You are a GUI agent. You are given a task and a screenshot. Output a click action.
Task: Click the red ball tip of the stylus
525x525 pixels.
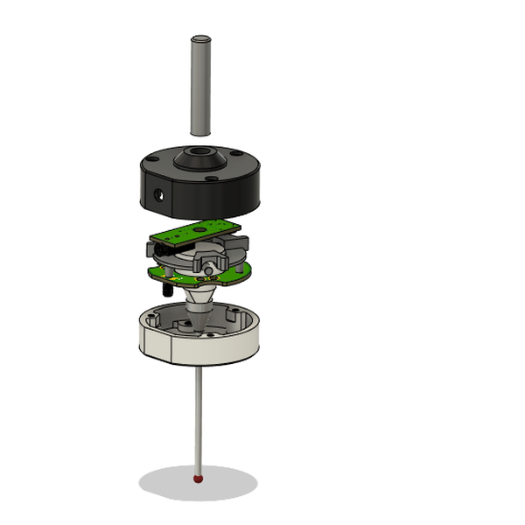199,479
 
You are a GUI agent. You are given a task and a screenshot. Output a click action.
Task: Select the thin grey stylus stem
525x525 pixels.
199,420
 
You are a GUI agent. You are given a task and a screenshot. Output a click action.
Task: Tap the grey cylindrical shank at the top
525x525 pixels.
200,87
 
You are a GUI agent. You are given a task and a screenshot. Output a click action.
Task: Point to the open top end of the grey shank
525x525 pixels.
200,39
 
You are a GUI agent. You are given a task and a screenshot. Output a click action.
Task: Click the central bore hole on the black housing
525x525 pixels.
199,161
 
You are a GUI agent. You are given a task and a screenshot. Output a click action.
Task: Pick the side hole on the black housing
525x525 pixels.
157,194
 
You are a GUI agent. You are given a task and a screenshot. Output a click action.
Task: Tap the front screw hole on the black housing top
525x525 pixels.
211,181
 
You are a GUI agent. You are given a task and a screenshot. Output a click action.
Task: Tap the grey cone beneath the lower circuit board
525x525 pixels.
200,303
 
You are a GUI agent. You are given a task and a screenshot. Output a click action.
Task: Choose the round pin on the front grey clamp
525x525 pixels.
208,264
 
